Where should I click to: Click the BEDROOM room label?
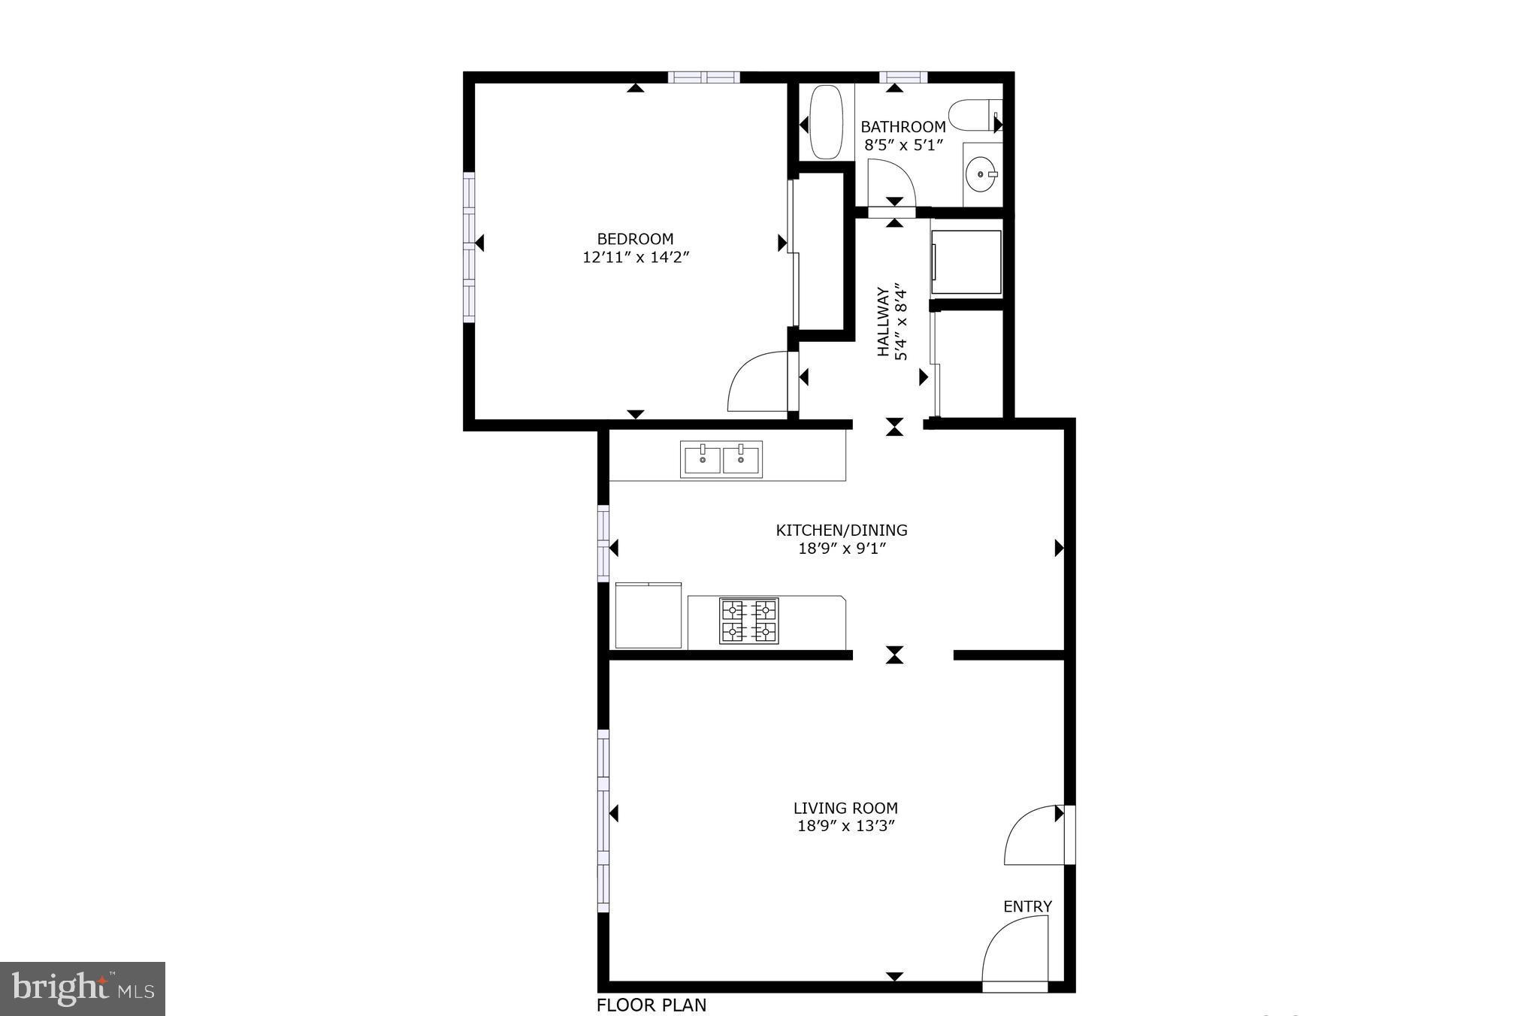635,239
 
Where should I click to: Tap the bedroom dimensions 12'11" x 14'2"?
636,258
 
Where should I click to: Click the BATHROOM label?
903,127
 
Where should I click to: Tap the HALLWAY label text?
884,322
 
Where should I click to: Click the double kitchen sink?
721,459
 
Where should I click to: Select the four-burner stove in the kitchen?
748,621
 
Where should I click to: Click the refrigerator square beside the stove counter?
648,615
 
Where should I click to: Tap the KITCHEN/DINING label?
842,531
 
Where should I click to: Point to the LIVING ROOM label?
845,809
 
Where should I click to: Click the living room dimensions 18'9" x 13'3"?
845,827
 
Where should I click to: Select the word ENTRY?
1027,906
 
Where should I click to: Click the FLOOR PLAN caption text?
652,1005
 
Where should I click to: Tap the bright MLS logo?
83,988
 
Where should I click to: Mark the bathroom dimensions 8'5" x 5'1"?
903,145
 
